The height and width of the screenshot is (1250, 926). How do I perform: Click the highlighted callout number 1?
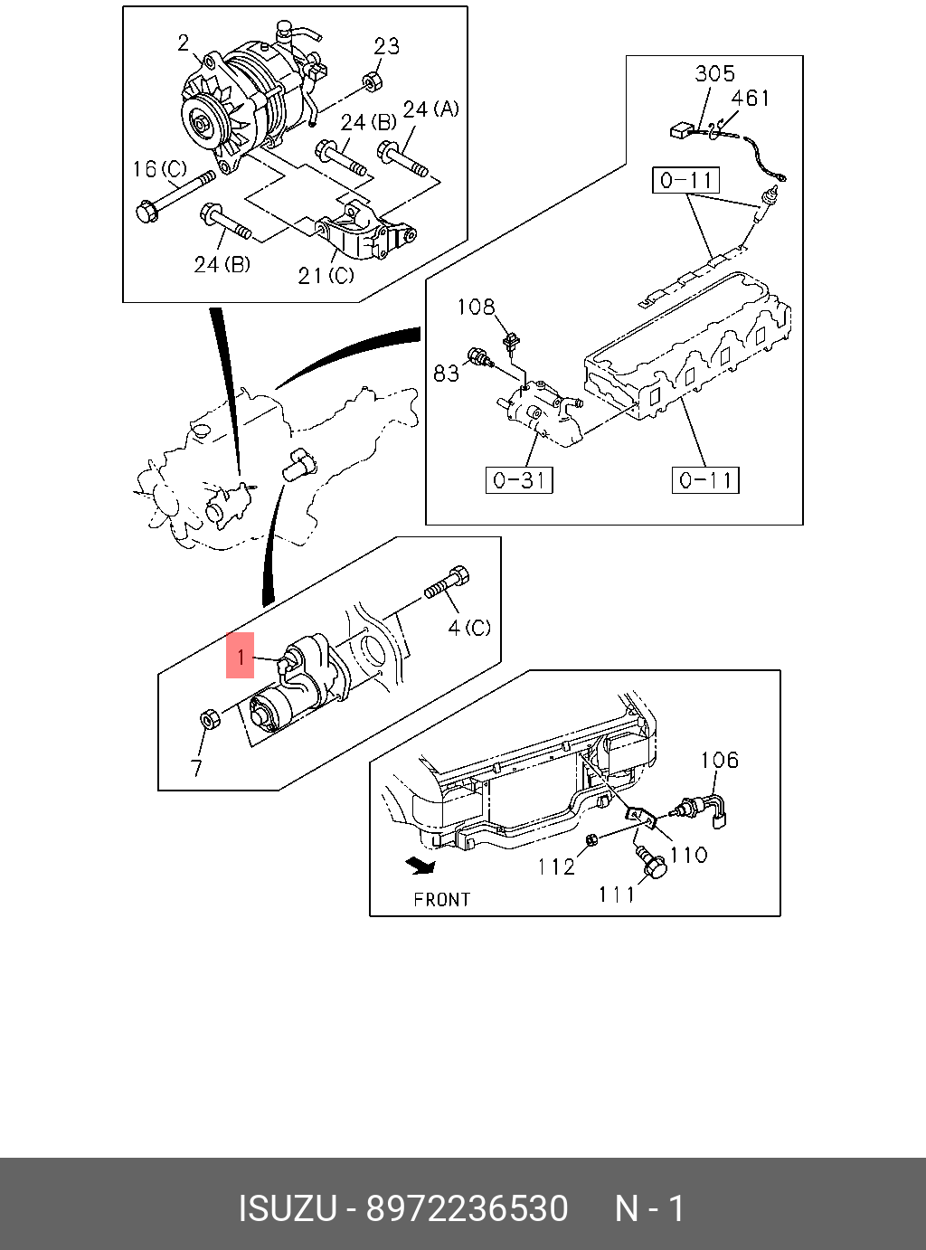tap(240, 656)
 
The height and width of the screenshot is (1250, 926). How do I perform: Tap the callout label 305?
tap(714, 74)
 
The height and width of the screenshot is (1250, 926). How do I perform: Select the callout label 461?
tap(750, 98)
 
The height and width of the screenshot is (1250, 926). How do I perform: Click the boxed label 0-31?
tap(519, 479)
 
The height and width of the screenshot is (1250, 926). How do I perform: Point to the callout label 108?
tap(476, 308)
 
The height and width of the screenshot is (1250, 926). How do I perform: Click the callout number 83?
tap(447, 373)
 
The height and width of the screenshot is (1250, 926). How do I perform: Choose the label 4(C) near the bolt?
tap(469, 627)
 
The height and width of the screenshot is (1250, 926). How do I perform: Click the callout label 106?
tap(719, 761)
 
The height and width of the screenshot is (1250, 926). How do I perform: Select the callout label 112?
tap(556, 866)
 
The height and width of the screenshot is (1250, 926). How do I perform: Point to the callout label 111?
tap(617, 895)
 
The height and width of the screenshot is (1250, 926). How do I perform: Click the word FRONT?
tap(442, 900)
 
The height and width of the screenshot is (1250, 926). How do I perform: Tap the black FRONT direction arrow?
tap(420, 866)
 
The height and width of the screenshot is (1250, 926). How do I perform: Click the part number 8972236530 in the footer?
tap(467, 1208)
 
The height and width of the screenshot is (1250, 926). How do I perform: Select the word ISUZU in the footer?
tap(287, 1208)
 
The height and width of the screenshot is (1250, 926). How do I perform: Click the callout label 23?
tap(386, 46)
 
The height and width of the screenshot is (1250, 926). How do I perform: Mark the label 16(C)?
tap(159, 169)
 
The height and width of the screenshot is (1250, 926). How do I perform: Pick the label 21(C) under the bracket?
tap(326, 275)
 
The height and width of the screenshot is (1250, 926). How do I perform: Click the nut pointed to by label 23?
tap(371, 82)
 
